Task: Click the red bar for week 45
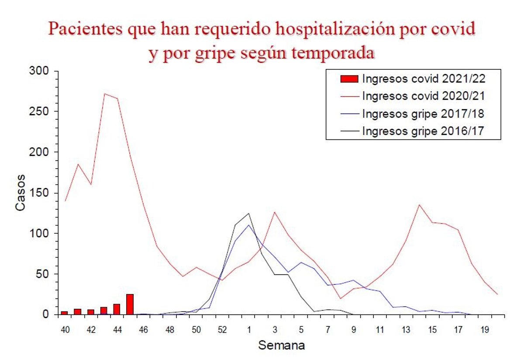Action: point(130,305)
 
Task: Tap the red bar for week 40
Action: point(64,312)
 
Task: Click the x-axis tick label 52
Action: point(222,329)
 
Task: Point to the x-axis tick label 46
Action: point(144,329)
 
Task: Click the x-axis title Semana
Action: point(282,345)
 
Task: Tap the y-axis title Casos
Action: point(21,193)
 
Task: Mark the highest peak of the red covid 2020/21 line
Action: point(104,93)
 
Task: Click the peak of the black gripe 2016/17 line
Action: point(248,213)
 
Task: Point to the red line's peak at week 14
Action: point(419,204)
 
